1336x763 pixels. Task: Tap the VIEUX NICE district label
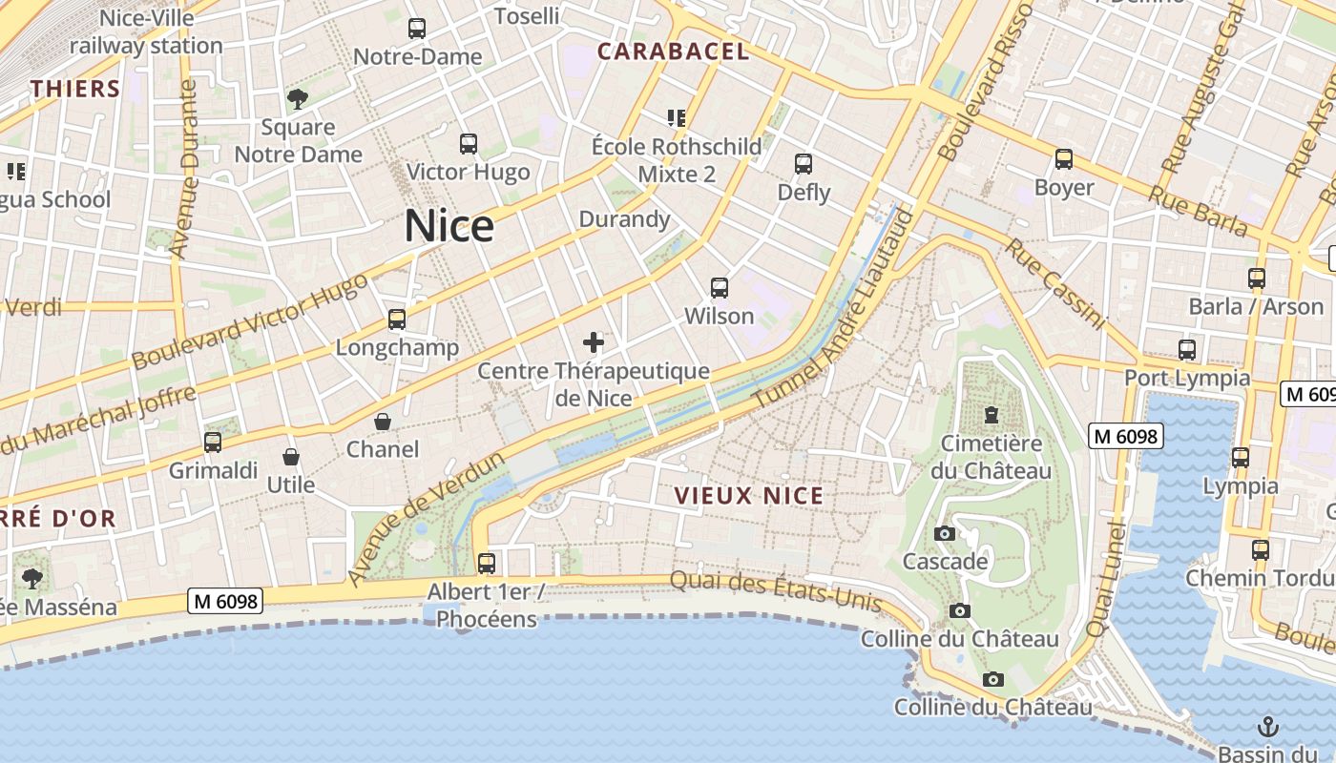[748, 496]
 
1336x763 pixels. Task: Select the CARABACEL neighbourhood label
[674, 52]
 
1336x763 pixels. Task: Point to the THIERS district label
[75, 90]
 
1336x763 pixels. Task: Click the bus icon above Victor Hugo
[469, 144]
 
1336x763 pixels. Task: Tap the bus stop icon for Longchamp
[397, 320]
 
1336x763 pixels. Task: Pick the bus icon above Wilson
[720, 287]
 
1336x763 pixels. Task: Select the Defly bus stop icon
[804, 164]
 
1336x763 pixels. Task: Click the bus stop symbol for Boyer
[1064, 159]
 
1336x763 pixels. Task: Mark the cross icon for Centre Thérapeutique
[594, 342]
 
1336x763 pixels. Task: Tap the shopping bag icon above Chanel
[383, 422]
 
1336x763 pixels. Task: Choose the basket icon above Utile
[291, 458]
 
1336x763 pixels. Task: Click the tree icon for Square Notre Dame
[298, 98]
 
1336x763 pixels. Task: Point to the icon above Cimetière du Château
[992, 415]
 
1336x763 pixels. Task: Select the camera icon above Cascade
[945, 534]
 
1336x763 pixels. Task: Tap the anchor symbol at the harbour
[1268, 726]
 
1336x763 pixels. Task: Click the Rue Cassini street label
[1054, 283]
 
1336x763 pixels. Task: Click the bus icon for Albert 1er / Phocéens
[487, 563]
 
